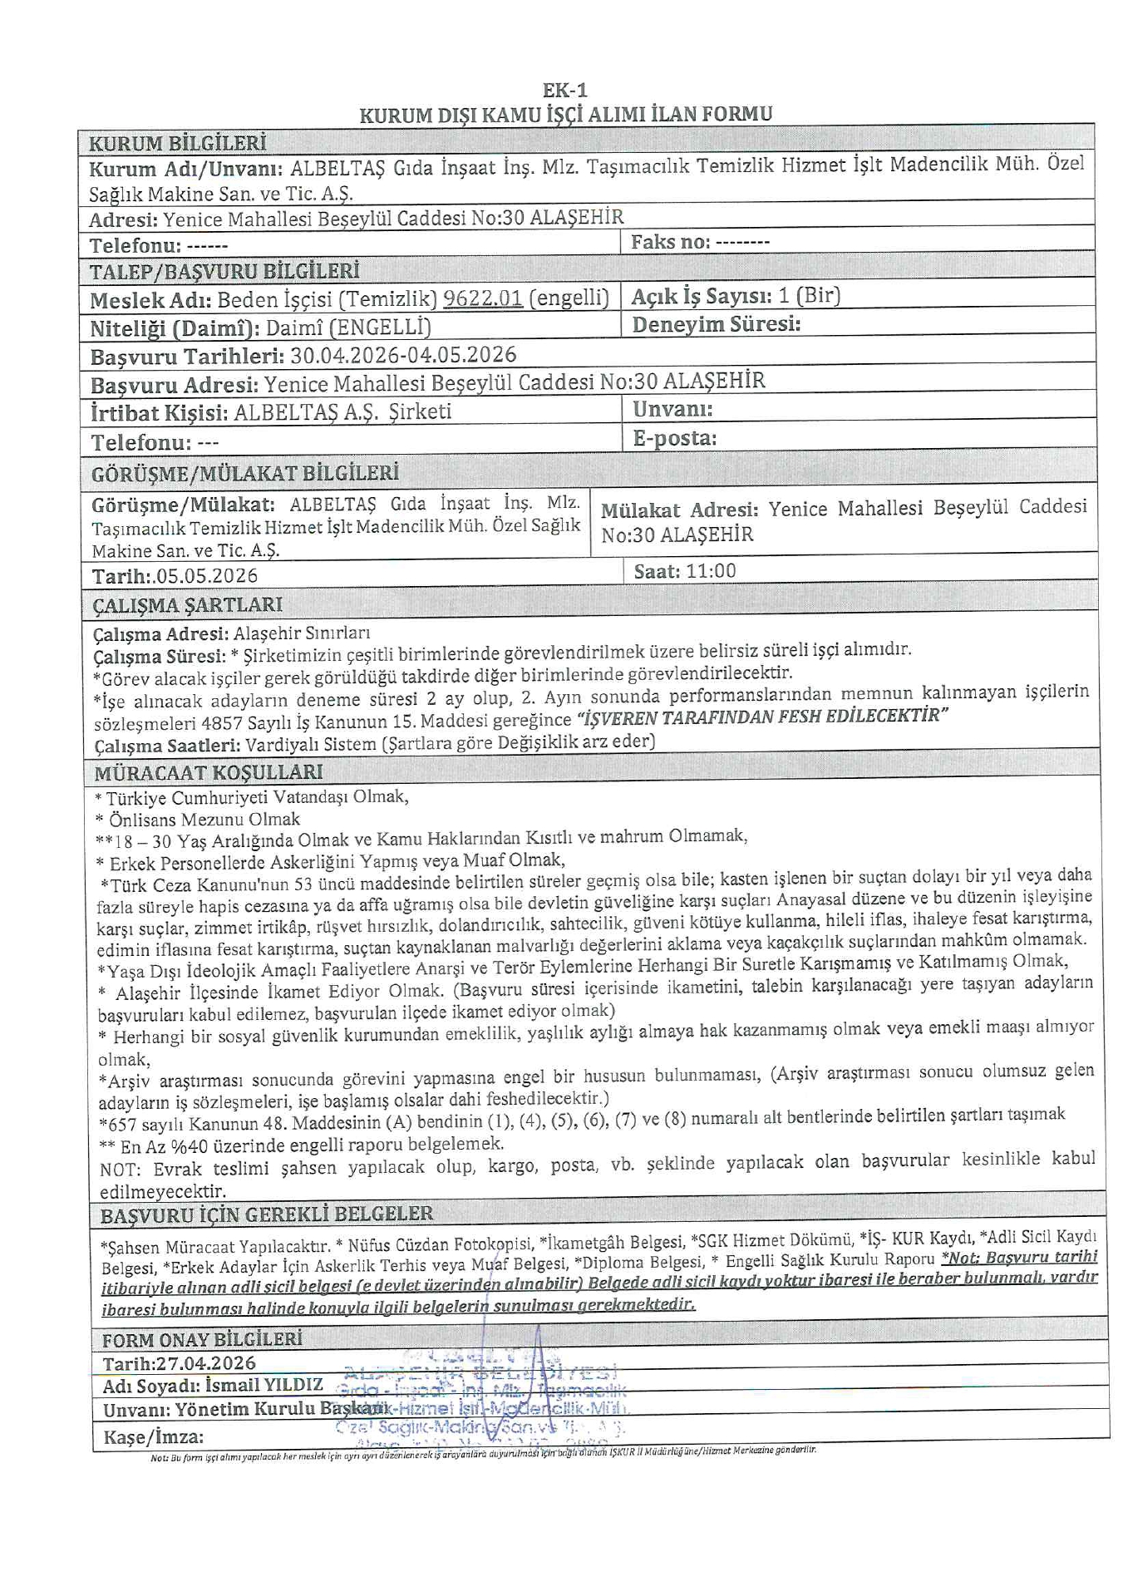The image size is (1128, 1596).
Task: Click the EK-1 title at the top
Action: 565,91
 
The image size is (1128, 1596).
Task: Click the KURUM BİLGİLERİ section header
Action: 177,143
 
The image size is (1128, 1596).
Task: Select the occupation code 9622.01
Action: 483,298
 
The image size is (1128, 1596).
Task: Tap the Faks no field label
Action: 671,242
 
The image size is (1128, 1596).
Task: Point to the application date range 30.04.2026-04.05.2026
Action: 403,356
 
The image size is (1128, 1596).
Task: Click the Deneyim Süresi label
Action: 716,324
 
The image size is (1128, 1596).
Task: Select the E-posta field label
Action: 674,438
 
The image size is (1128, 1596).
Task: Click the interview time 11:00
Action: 711,571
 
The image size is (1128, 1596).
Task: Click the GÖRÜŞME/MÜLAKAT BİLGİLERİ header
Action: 245,474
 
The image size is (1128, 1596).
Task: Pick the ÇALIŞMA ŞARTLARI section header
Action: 188,604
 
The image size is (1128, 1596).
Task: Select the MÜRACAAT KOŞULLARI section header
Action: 208,772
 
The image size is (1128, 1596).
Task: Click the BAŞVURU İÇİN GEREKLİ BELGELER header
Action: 267,1214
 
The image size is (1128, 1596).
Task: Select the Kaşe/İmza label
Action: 153,1437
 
